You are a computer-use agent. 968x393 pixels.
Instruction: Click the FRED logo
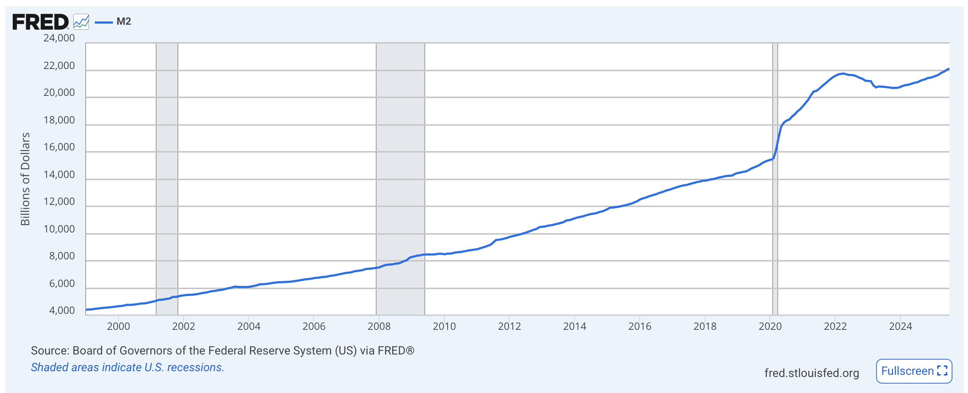point(41,22)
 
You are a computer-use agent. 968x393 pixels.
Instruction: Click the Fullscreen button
point(914,371)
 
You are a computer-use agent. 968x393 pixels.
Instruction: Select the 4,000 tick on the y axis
point(62,311)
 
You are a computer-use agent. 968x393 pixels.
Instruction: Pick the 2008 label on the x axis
point(379,326)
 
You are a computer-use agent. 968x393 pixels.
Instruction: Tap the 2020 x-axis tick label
point(770,326)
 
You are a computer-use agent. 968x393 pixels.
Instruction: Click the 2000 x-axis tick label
point(118,326)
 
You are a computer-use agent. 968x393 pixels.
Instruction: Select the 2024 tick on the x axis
point(900,326)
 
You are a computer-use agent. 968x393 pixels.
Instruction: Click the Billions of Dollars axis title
point(25,179)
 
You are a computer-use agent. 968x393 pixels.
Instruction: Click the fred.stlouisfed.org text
point(811,373)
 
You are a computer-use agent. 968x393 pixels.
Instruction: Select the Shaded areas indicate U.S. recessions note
point(127,368)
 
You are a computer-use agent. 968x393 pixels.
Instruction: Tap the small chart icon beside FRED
point(81,22)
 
